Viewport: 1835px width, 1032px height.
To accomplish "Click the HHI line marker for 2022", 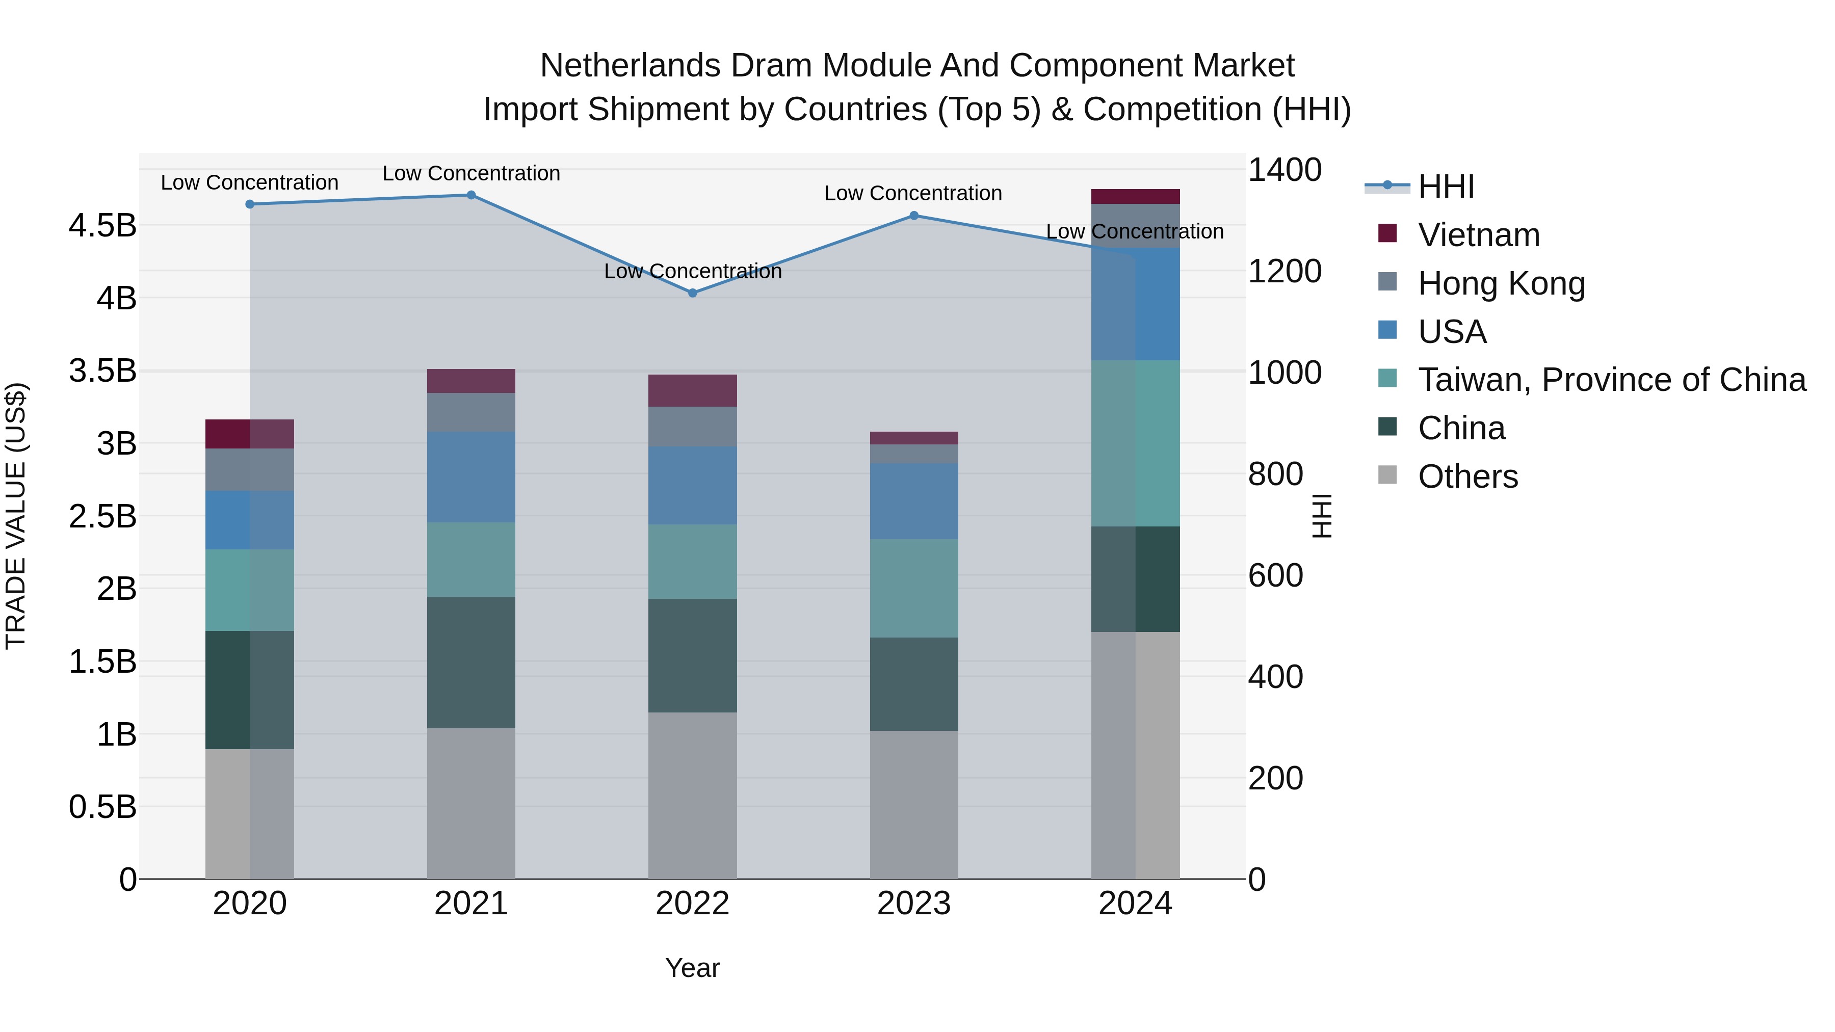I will (692, 293).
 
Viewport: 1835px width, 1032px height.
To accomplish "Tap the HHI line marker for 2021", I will (471, 195).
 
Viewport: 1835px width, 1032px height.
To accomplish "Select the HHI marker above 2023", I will (914, 215).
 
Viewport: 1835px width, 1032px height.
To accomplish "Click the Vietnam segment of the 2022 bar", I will (692, 390).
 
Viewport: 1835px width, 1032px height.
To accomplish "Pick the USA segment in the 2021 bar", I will (471, 477).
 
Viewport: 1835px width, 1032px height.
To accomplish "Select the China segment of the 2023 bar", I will (914, 684).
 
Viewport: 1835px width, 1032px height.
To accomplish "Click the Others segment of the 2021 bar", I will (471, 803).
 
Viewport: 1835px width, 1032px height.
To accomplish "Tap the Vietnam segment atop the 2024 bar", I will (1136, 197).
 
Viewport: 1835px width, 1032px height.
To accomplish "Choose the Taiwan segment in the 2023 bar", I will (914, 588).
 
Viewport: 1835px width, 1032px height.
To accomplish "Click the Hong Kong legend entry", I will (1501, 283).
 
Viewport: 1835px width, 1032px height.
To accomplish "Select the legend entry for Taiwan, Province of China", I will (1611, 380).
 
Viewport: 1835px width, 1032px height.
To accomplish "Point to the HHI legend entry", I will (1446, 187).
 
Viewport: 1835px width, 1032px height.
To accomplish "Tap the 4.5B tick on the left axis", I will (102, 226).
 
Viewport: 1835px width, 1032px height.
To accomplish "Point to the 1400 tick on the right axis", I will (1284, 170).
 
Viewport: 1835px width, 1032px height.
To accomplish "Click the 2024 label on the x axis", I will (1136, 904).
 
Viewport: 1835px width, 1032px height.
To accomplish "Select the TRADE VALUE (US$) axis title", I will (16, 516).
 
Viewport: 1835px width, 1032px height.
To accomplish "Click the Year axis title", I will (692, 968).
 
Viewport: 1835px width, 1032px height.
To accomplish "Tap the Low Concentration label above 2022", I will (692, 271).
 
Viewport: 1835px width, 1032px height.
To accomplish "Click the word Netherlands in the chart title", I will (629, 66).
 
